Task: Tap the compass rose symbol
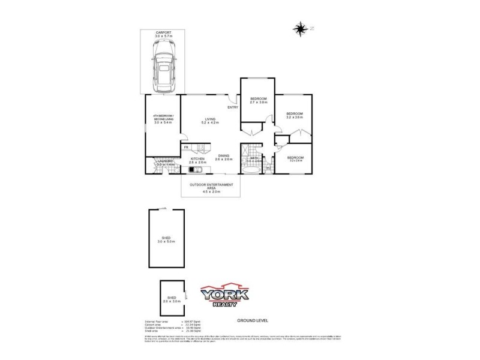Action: pyautogui.click(x=299, y=28)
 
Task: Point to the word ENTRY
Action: pyautogui.click(x=233, y=107)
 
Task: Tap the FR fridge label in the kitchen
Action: pyautogui.click(x=186, y=147)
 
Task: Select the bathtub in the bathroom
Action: pyautogui.click(x=252, y=169)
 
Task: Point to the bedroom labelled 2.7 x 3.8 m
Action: pyautogui.click(x=259, y=100)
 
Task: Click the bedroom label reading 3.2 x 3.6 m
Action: pyautogui.click(x=294, y=115)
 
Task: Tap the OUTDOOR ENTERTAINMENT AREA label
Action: pyautogui.click(x=211, y=187)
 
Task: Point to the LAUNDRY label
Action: pyautogui.click(x=165, y=161)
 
